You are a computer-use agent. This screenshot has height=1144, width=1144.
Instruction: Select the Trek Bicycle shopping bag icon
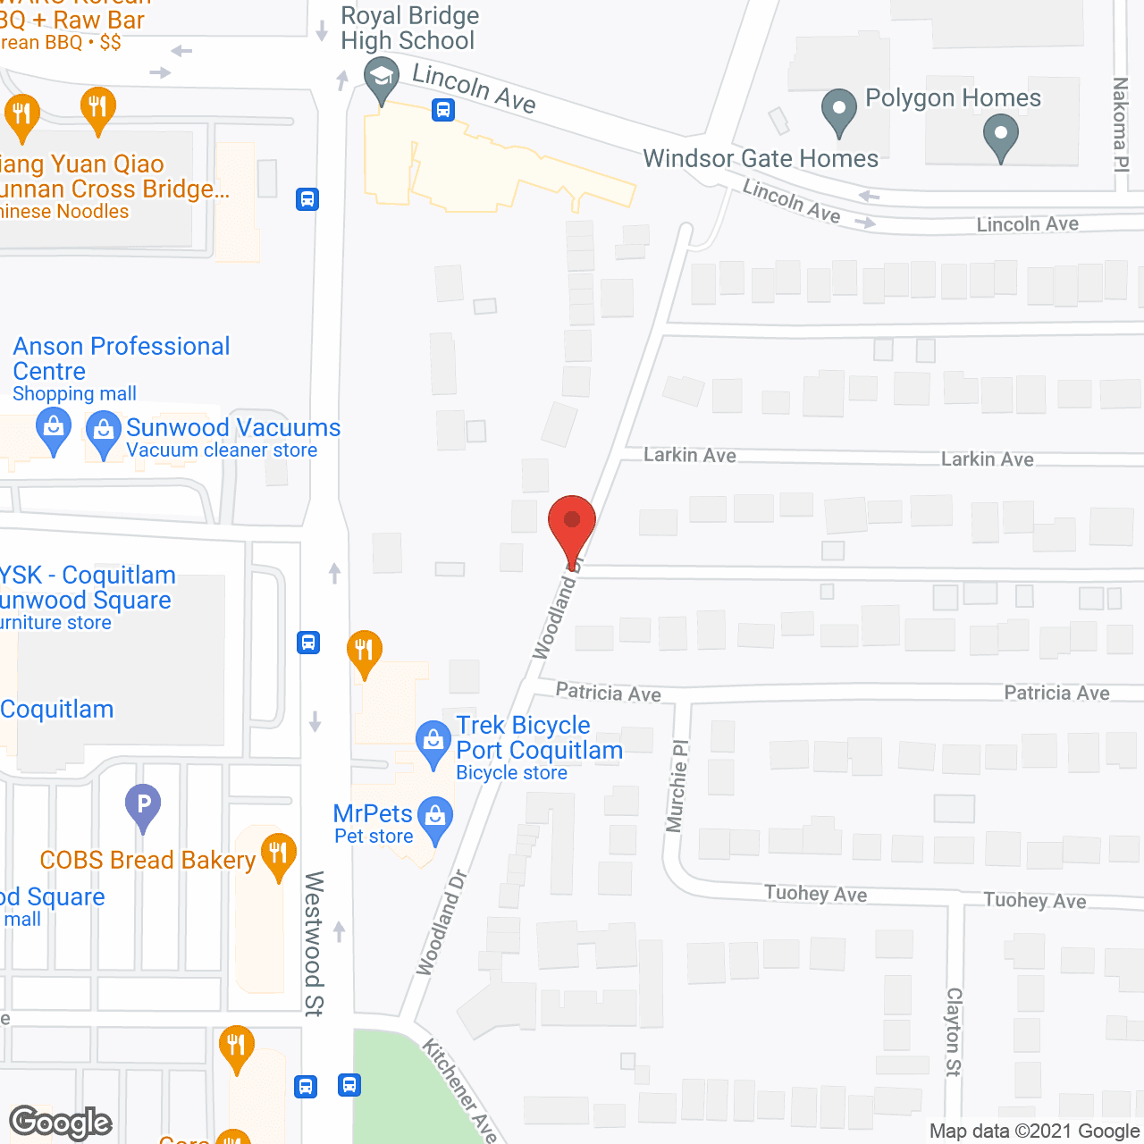(433, 742)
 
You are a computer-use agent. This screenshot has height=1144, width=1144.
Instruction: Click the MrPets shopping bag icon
(435, 817)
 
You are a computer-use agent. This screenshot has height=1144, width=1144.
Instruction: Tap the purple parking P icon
(143, 803)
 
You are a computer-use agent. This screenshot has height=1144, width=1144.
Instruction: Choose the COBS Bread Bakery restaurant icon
(278, 853)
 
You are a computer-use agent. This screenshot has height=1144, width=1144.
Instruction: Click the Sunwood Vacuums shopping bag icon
(104, 432)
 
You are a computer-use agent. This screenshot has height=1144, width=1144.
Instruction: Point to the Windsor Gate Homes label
(761, 159)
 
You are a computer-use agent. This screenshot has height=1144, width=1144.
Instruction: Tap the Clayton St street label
(954, 1031)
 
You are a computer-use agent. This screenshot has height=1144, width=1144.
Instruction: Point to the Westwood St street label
(314, 943)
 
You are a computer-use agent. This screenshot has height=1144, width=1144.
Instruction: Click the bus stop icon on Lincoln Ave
(443, 110)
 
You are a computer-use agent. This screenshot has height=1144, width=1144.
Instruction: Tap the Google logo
(61, 1123)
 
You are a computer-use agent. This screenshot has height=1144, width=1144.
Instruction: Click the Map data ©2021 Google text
(1035, 1131)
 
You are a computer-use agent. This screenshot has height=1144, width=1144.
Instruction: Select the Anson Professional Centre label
(122, 358)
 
